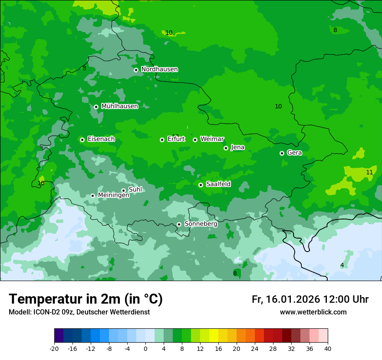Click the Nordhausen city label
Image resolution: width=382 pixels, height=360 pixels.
(159, 69)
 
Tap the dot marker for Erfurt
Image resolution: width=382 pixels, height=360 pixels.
(162, 140)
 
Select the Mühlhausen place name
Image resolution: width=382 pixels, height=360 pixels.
(119, 106)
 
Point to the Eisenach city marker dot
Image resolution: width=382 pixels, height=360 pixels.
(82, 140)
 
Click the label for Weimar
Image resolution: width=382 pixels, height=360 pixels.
(212, 139)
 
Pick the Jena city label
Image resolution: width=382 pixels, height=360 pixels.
(237, 147)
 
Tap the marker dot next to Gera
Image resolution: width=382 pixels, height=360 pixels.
(282, 153)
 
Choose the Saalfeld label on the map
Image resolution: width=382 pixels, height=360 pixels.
(218, 184)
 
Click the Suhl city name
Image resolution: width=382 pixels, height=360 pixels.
(135, 190)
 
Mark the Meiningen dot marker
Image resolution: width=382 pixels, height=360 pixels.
(92, 196)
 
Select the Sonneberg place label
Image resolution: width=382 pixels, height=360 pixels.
(201, 224)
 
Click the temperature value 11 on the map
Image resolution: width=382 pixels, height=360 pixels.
(369, 172)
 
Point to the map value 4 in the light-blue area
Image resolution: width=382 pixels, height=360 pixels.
(342, 265)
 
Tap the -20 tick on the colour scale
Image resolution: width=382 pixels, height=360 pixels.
(54, 348)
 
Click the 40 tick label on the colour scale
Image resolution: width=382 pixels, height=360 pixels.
(328, 348)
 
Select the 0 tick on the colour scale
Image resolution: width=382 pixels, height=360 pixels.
(145, 348)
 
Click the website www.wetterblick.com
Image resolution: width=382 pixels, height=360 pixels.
(313, 312)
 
